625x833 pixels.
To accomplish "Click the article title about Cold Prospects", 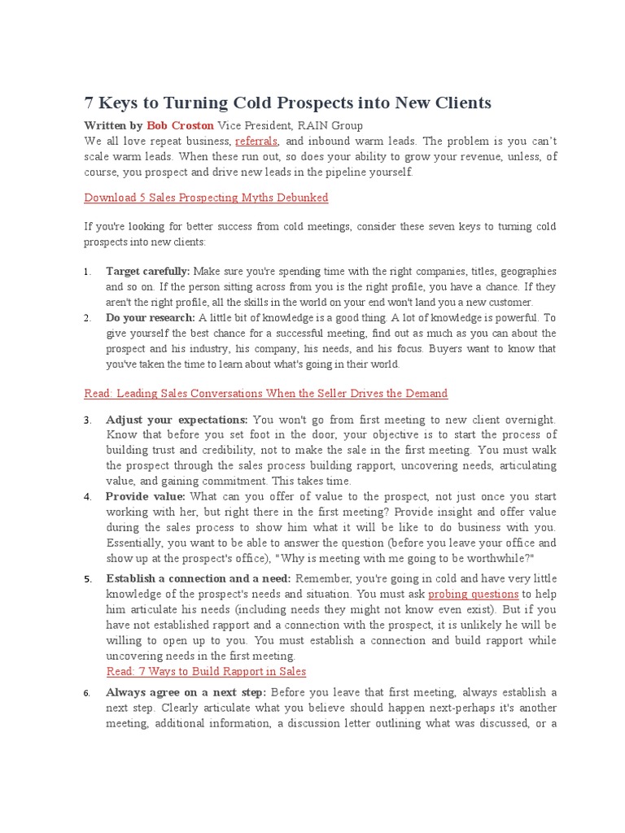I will [288, 103].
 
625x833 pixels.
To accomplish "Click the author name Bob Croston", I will [180, 125].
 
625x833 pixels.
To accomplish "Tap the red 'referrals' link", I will [256, 141].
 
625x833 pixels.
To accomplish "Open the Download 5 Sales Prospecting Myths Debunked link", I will [206, 198].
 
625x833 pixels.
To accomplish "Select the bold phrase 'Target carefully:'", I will [147, 271].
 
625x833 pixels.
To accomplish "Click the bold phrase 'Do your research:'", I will [150, 318].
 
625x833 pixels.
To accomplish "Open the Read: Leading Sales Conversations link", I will [265, 394].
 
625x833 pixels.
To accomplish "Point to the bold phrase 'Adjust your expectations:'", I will [177, 420].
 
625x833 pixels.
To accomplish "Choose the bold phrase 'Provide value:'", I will [145, 496].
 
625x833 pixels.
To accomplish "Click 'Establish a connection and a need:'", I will [198, 578].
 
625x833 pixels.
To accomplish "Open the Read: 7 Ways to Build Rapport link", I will [206, 671].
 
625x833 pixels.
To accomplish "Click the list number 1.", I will [87, 272].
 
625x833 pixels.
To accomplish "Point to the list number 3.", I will [87, 421].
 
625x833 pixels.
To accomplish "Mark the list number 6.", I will [87, 693].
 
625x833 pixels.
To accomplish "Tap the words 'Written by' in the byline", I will [113, 125].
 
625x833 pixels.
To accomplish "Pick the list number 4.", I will [87, 497].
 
